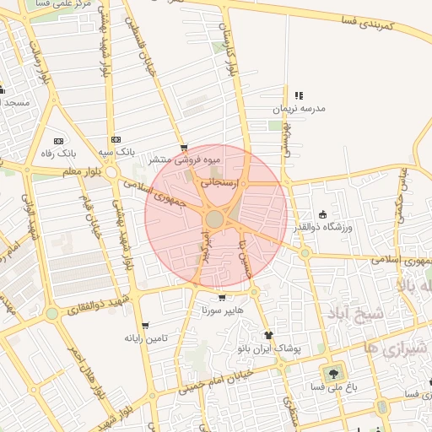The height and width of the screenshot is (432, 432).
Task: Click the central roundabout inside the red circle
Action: click(x=215, y=219)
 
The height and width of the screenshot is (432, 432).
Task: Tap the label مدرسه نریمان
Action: click(x=298, y=109)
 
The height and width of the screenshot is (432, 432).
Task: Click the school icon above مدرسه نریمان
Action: click(x=299, y=95)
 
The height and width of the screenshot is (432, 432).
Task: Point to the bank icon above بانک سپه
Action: click(x=116, y=139)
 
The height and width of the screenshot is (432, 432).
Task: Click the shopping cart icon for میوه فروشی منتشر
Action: click(x=184, y=147)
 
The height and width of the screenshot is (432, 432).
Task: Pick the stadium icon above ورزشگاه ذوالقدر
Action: click(x=323, y=214)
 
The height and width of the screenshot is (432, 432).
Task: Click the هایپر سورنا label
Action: click(x=221, y=310)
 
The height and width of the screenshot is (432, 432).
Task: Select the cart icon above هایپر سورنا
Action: click(x=221, y=298)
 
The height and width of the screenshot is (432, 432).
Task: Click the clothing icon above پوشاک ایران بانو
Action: click(x=268, y=335)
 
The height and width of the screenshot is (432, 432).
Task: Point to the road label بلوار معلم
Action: click(x=81, y=172)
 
